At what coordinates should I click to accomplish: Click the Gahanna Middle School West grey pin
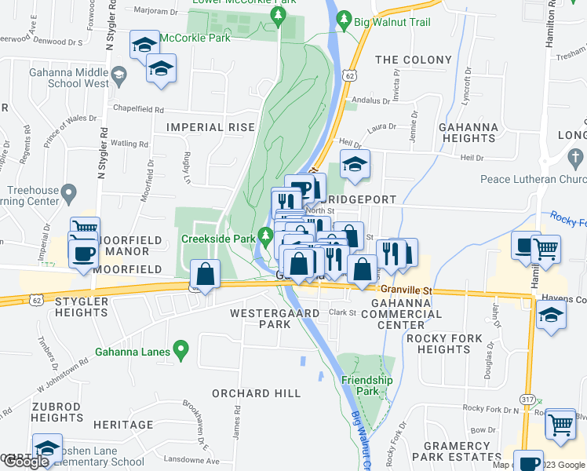(118, 76)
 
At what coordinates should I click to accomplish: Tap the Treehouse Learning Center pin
(68, 192)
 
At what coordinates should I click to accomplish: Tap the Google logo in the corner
(25, 462)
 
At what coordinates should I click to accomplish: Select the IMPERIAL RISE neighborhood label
(210, 126)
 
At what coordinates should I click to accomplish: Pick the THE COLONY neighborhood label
(414, 60)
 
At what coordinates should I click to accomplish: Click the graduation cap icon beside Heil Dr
(355, 164)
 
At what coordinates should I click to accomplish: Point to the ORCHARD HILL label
(256, 392)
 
